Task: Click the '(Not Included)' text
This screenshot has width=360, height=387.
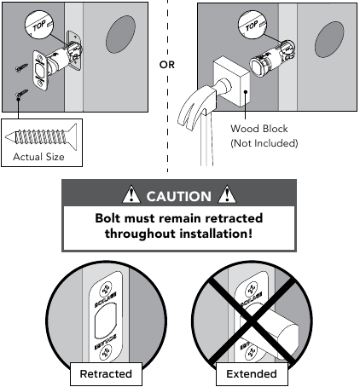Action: coord(264,143)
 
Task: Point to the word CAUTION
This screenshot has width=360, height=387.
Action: coord(179,196)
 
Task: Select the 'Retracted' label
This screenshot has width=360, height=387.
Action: coord(106,373)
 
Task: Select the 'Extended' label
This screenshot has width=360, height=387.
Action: coord(253,373)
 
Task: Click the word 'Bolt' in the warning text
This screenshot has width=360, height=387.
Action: coord(109,217)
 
